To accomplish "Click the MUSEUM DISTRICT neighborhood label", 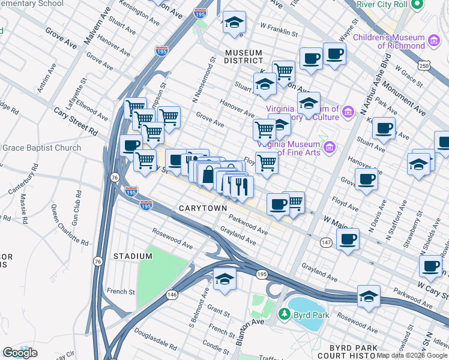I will (x=244, y=56).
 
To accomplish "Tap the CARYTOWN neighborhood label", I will (x=203, y=208).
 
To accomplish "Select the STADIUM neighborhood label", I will (x=133, y=256).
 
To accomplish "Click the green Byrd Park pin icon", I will (x=285, y=314).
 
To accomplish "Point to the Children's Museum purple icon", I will (x=434, y=41).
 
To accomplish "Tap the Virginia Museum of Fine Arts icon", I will (x=328, y=147).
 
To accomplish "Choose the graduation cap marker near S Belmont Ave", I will (x=224, y=280).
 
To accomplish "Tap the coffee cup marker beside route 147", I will (x=347, y=239).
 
